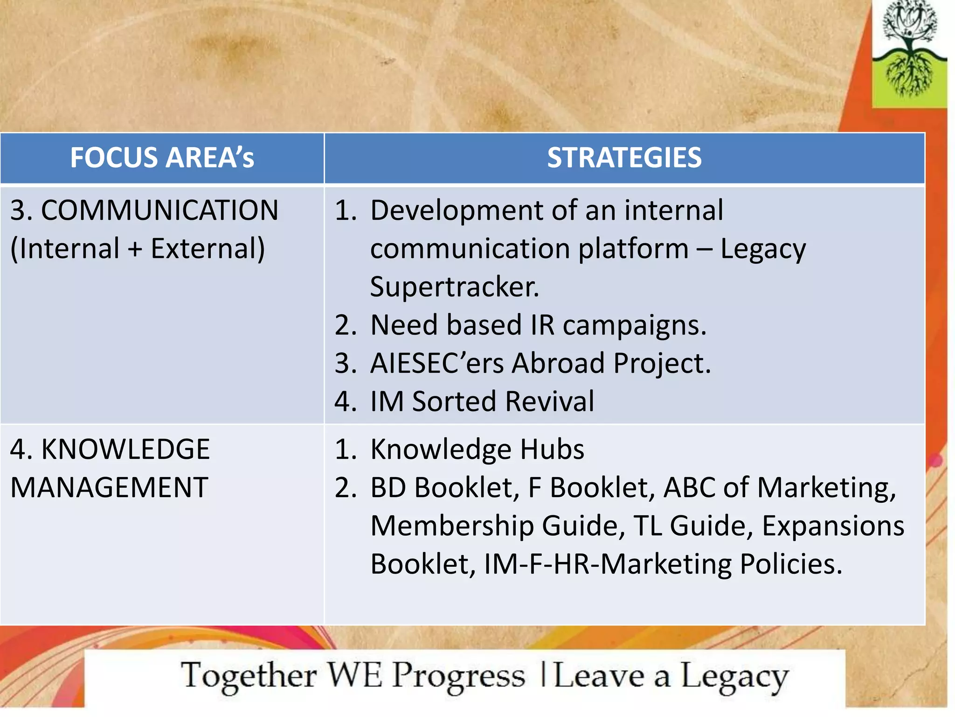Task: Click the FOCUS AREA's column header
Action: [162, 158]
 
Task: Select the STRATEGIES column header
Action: [624, 158]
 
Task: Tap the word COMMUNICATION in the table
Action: [159, 210]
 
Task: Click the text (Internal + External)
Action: [138, 248]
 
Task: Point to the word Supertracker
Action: [454, 287]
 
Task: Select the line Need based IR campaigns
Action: [538, 325]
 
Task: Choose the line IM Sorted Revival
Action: [482, 401]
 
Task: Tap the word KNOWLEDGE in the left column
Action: [125, 450]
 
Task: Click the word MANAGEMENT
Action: [109, 488]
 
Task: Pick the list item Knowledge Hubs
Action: [477, 450]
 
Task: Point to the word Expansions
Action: [833, 526]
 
